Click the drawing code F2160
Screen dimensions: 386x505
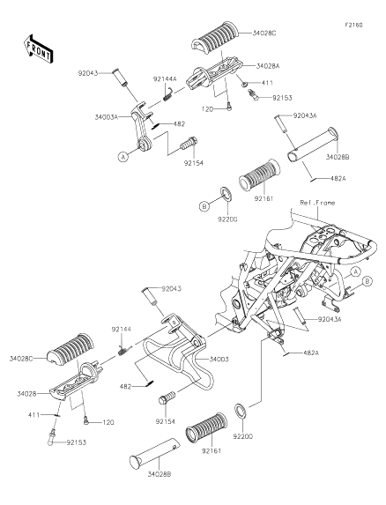pos(353,25)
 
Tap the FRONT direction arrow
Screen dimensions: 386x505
pos(38,49)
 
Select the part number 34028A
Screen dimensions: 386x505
pos(268,66)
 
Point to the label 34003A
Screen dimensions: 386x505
pos(107,117)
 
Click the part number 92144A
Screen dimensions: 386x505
pos(165,79)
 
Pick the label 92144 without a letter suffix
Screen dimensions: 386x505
pos(122,329)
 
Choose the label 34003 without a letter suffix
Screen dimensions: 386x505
pos(219,360)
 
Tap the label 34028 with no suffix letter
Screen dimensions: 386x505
pos(26,394)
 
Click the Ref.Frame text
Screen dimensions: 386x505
pos(317,203)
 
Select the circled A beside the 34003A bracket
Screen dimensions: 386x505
pos(122,157)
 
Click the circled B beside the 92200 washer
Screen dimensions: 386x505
pos(204,206)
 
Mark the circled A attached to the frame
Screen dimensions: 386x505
pos(355,271)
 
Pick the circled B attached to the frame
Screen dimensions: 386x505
pos(367,281)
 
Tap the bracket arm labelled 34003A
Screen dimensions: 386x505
pos(142,127)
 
